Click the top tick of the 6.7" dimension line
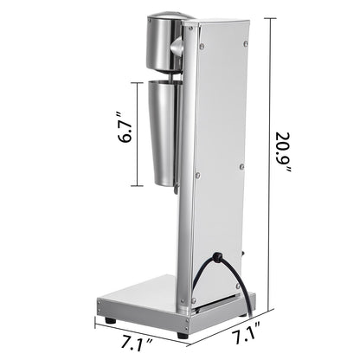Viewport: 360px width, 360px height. point(137,80)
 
